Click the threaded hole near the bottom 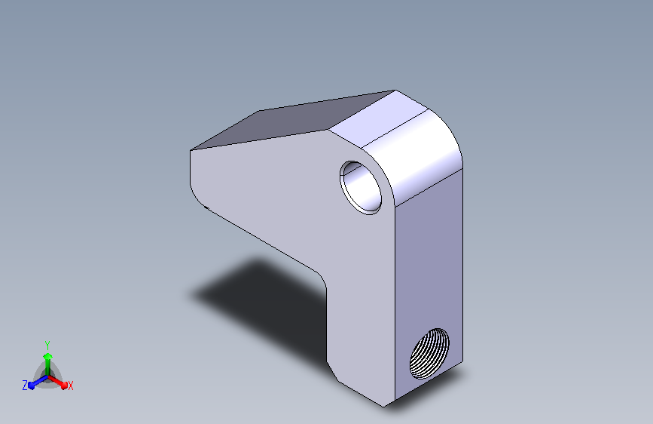pyautogui.click(x=429, y=353)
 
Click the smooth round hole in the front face pyautogui.click(x=361, y=188)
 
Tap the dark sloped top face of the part pyautogui.click(x=291, y=121)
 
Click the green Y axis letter pyautogui.click(x=47, y=346)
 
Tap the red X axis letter pyautogui.click(x=70, y=386)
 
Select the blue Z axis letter pyautogui.click(x=25, y=386)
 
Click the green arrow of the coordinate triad pyautogui.click(x=47, y=362)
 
